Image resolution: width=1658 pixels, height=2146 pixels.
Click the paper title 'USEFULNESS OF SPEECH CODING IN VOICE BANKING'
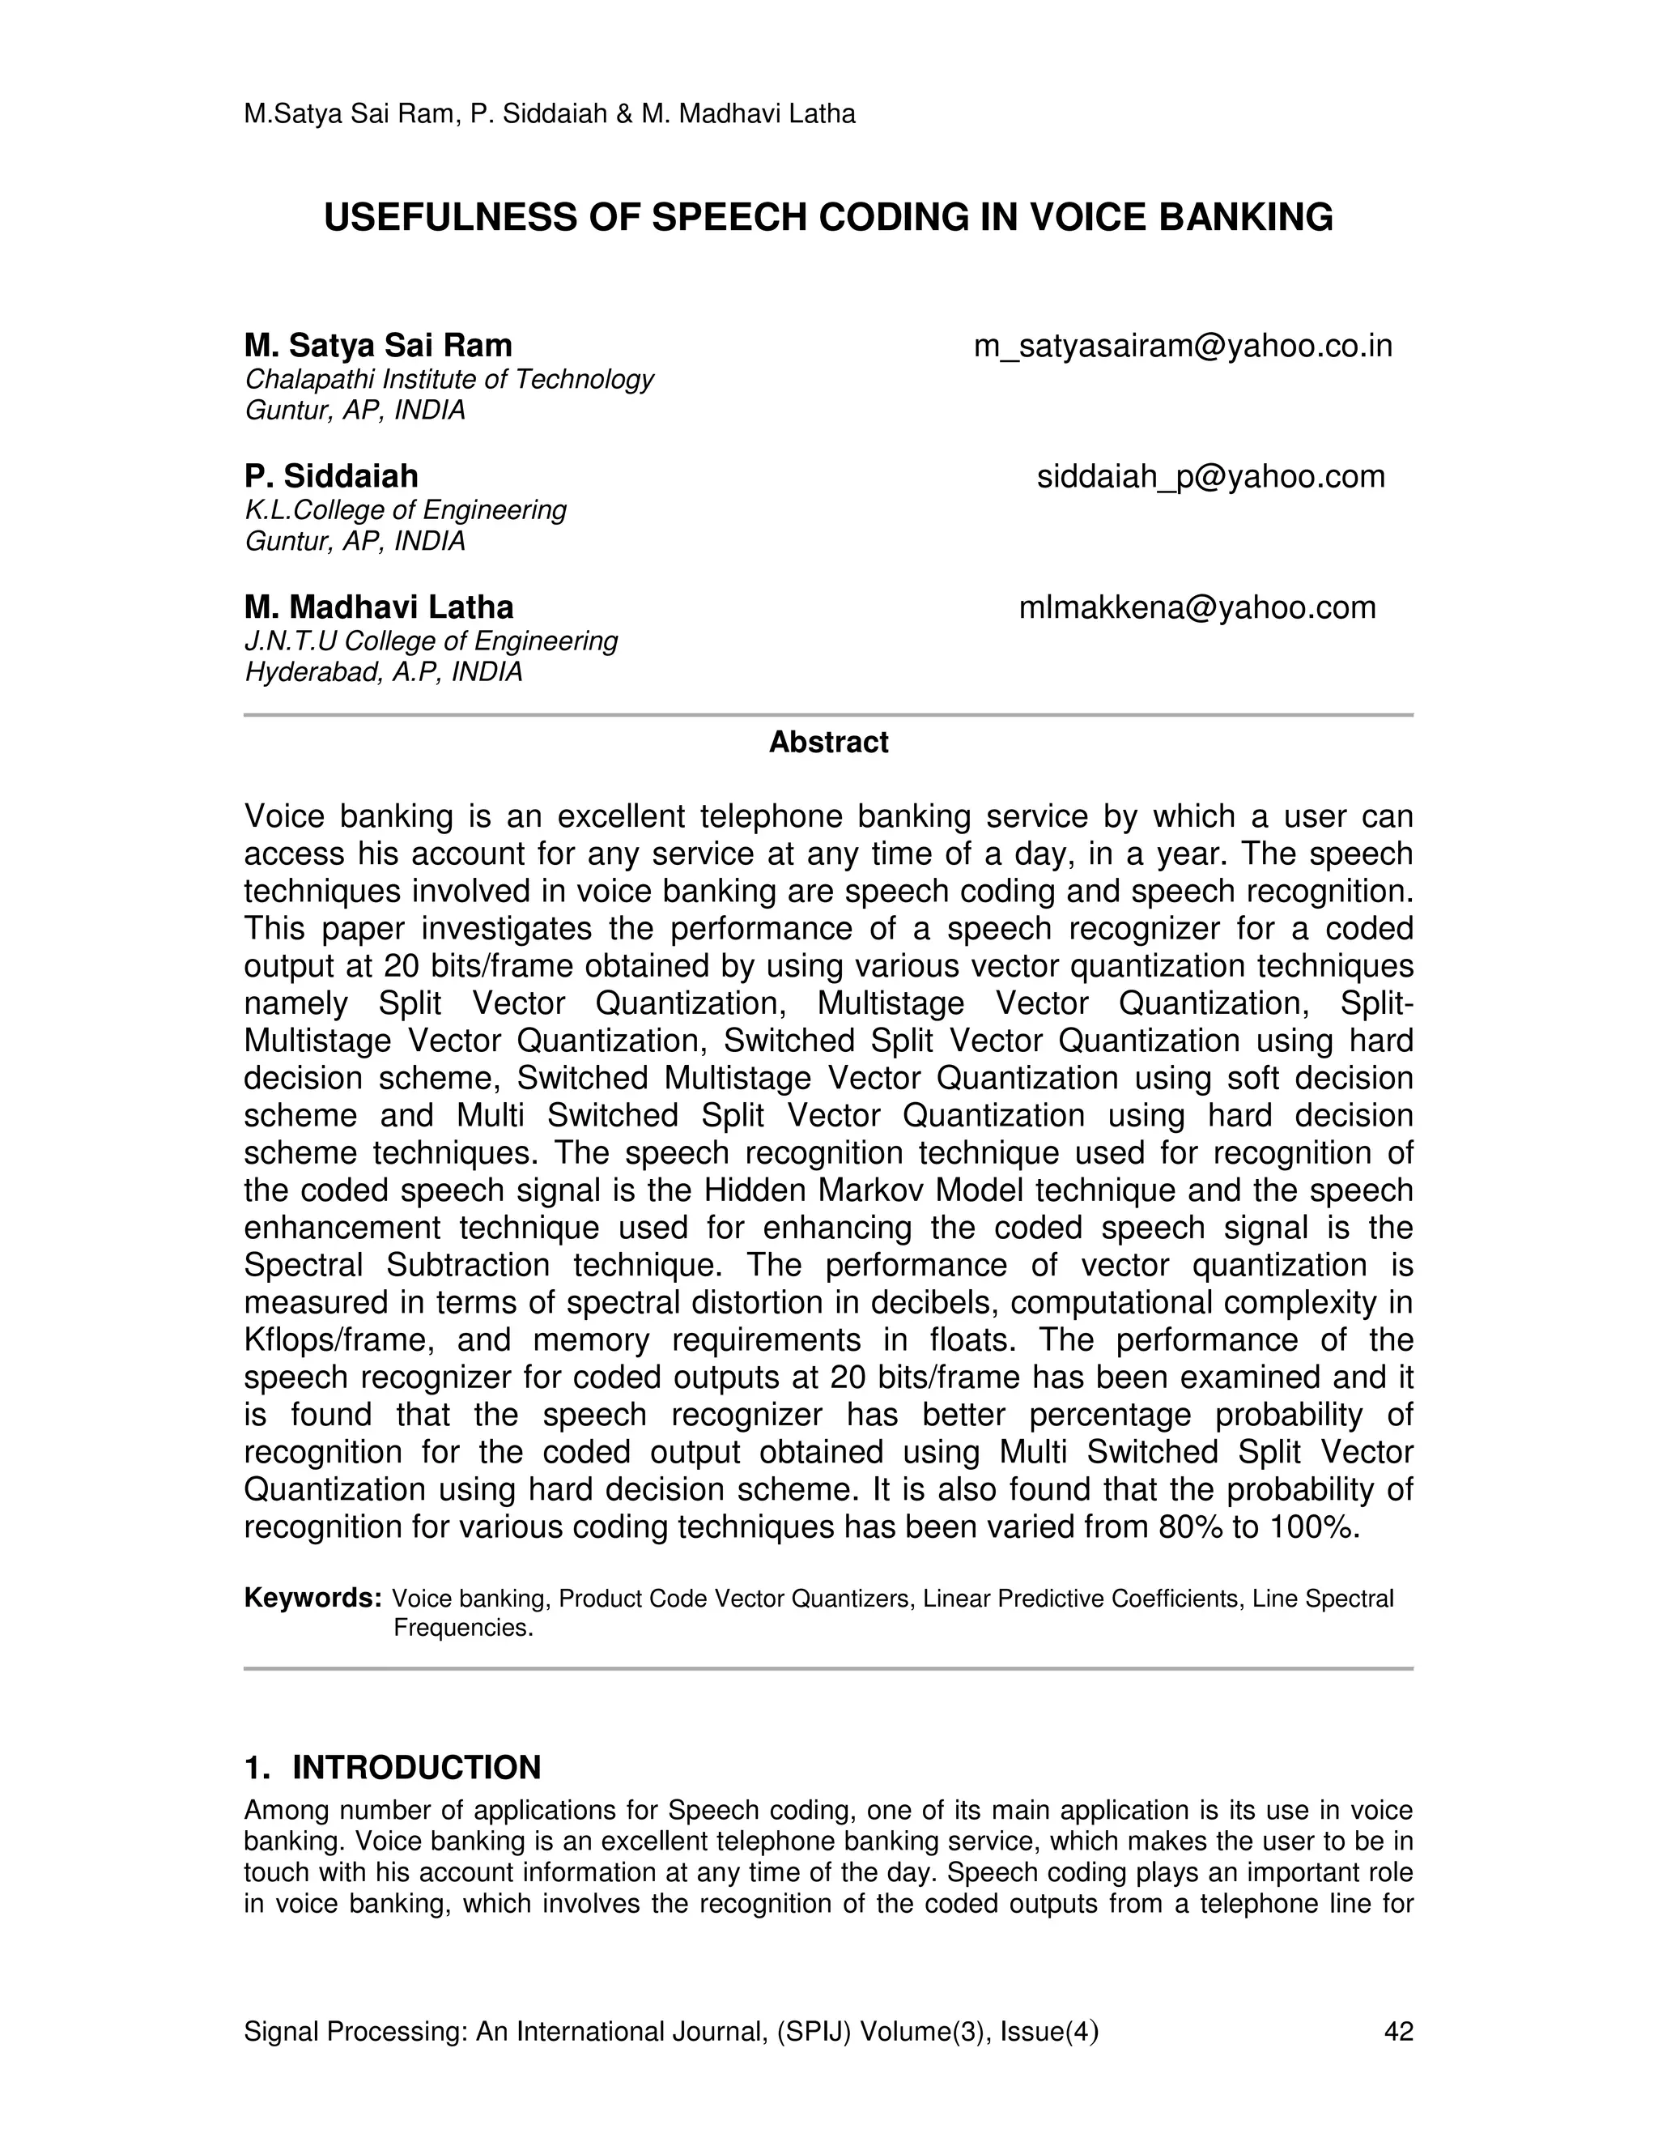(828, 218)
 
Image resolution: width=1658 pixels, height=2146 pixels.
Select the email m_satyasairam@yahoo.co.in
(1183, 346)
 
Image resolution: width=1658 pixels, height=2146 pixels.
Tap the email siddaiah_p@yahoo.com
(1210, 476)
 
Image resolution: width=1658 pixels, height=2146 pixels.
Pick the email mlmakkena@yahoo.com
(1197, 607)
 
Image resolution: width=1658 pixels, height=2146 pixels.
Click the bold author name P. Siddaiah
(331, 476)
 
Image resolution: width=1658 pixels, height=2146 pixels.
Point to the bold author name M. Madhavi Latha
(378, 607)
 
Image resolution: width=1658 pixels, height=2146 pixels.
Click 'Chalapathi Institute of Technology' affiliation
(449, 379)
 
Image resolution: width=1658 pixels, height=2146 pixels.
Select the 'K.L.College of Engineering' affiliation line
(405, 510)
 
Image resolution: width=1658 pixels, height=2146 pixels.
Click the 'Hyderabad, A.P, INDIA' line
(383, 672)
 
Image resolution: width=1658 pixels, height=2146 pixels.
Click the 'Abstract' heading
(828, 742)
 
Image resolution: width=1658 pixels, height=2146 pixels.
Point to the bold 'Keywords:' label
(312, 1599)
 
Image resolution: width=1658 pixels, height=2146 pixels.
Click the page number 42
(1397, 2032)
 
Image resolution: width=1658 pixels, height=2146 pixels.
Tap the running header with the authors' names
(549, 114)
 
